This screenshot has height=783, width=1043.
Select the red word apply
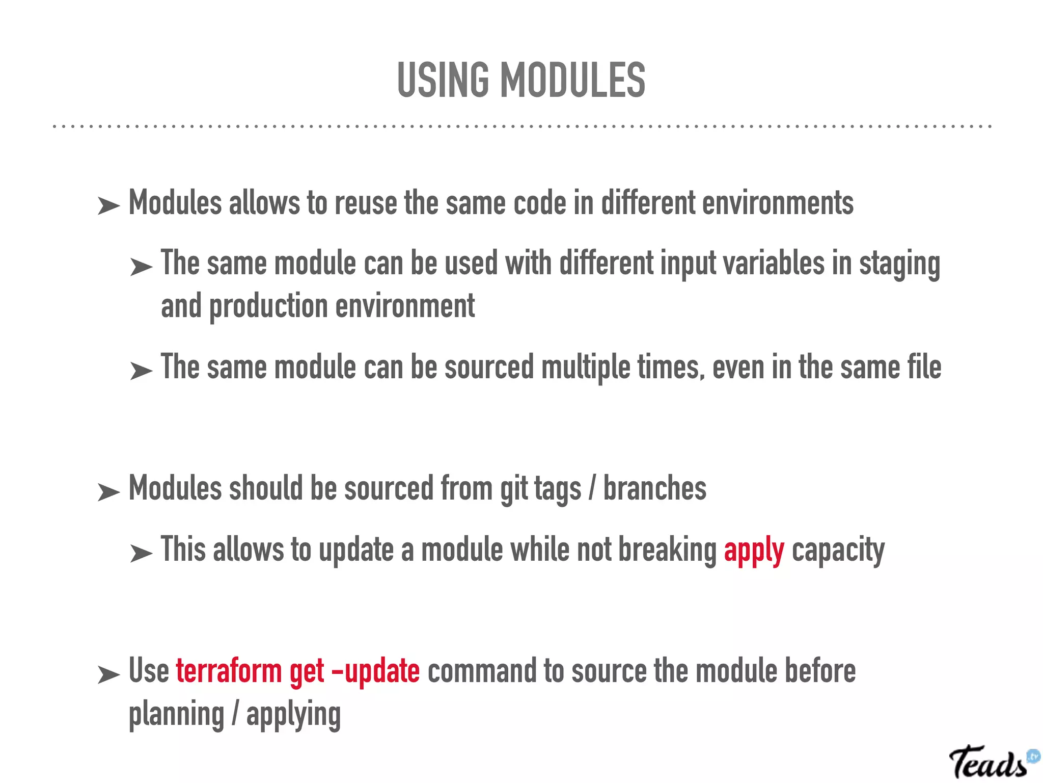click(754, 551)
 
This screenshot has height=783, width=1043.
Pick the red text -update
click(375, 672)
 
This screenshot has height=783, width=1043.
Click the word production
click(268, 307)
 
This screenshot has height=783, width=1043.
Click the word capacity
click(838, 551)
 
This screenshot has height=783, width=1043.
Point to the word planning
click(176, 715)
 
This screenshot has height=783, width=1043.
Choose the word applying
click(293, 715)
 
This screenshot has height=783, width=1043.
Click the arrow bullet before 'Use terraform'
click(108, 674)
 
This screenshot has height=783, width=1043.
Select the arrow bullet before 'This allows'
click(141, 553)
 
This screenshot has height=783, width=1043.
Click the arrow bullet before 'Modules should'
click(108, 492)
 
